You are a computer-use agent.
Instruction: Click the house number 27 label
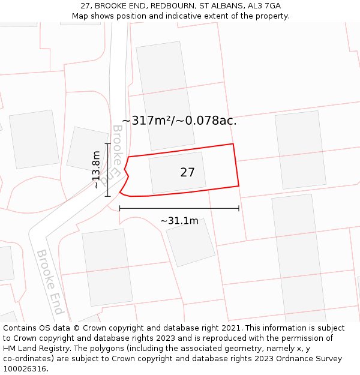187,173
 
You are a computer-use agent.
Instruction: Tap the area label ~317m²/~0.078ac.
179,121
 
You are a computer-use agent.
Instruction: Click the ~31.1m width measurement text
179,221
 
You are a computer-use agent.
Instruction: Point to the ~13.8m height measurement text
96,170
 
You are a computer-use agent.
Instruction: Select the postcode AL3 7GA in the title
260,6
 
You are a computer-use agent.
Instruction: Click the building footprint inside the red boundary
176,173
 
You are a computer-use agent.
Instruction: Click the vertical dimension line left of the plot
107,170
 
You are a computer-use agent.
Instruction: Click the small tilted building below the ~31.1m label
190,242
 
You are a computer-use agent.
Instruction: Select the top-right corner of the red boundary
233,144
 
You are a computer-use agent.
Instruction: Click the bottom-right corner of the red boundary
239,186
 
